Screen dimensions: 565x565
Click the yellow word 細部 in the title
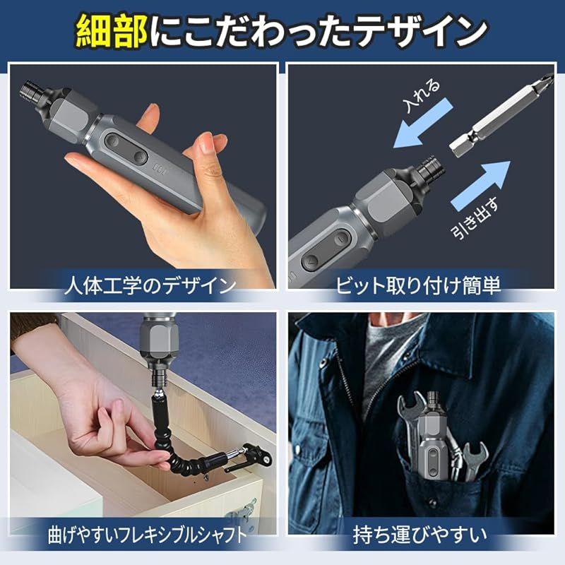(x=112, y=32)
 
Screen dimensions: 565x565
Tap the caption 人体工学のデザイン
(x=150, y=285)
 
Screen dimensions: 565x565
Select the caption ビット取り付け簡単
(x=418, y=285)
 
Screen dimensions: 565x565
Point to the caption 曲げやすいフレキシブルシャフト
(x=148, y=535)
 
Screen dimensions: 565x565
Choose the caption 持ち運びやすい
(x=420, y=535)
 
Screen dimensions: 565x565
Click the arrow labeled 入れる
(x=423, y=122)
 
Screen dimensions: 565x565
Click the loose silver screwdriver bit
(x=501, y=115)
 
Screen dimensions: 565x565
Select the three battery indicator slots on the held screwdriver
(x=159, y=169)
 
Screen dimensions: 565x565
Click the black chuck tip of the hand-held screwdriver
(x=32, y=94)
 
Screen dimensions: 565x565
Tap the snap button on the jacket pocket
(x=433, y=503)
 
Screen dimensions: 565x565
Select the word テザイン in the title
(x=422, y=32)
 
